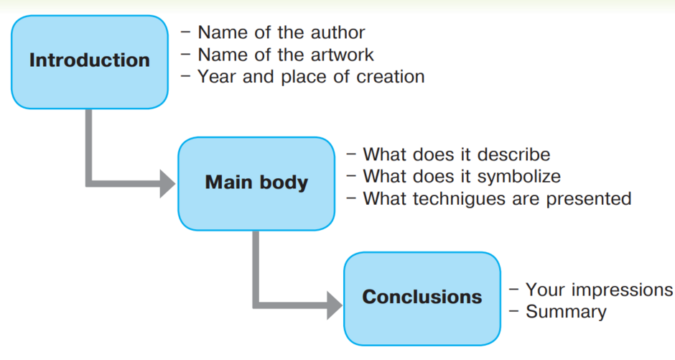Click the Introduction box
[x=90, y=62]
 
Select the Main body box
[x=256, y=184]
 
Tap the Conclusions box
[x=422, y=299]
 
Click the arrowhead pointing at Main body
[x=167, y=184]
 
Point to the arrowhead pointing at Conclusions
[x=335, y=305]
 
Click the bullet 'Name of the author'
[x=273, y=33]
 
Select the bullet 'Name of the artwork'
[x=277, y=55]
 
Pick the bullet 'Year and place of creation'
[x=302, y=77]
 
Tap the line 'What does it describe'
[x=448, y=154]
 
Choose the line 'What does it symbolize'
[x=454, y=177]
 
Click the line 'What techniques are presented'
[x=489, y=199]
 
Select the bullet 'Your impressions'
[x=591, y=290]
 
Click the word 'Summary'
[x=566, y=312]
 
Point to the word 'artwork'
[x=343, y=55]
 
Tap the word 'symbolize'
[x=518, y=177]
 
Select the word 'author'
[x=338, y=33]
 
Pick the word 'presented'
[x=589, y=199]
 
